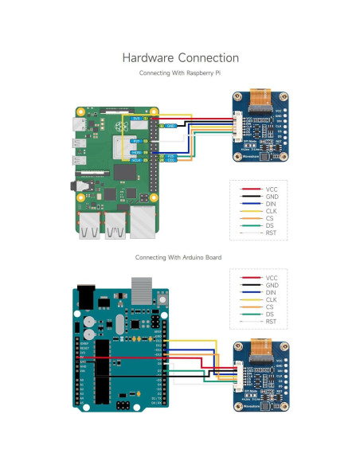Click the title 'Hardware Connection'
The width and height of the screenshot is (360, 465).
click(180, 58)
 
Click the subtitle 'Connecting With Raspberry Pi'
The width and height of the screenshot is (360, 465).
click(180, 72)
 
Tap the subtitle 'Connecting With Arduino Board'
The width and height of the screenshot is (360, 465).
click(178, 257)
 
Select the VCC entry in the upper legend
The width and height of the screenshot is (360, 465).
click(272, 190)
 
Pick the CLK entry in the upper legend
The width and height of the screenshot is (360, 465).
click(272, 212)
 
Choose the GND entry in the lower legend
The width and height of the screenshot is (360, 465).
click(272, 284)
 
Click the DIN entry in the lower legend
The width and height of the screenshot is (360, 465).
click(272, 291)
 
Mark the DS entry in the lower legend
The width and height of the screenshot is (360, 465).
click(272, 314)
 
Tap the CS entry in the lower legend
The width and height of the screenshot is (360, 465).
click(272, 307)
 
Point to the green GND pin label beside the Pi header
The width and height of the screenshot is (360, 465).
click(171, 126)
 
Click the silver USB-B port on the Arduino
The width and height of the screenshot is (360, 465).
click(142, 285)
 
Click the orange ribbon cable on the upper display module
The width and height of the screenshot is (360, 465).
click(260, 100)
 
